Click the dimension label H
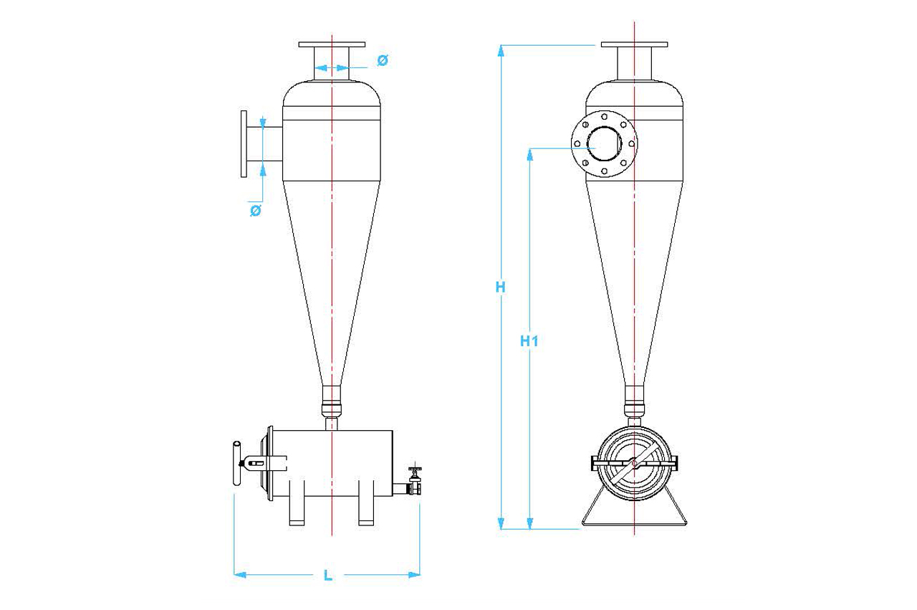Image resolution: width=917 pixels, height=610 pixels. pos(501,287)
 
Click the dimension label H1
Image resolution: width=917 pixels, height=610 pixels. pos(529,341)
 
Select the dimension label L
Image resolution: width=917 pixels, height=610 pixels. pos(327,575)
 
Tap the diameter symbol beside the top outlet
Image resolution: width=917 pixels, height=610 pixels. pos(382,61)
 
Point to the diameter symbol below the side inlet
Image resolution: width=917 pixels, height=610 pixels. pos(254,211)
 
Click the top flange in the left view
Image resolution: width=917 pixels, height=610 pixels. pos(332,45)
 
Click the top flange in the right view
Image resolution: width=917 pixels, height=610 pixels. pos(635,45)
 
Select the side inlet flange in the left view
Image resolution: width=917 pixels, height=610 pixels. pos(244,144)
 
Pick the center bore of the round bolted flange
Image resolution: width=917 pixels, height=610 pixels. pos(605,143)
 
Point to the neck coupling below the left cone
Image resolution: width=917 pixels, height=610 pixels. pos(332,401)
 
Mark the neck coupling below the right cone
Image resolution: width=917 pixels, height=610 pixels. pos(635,401)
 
